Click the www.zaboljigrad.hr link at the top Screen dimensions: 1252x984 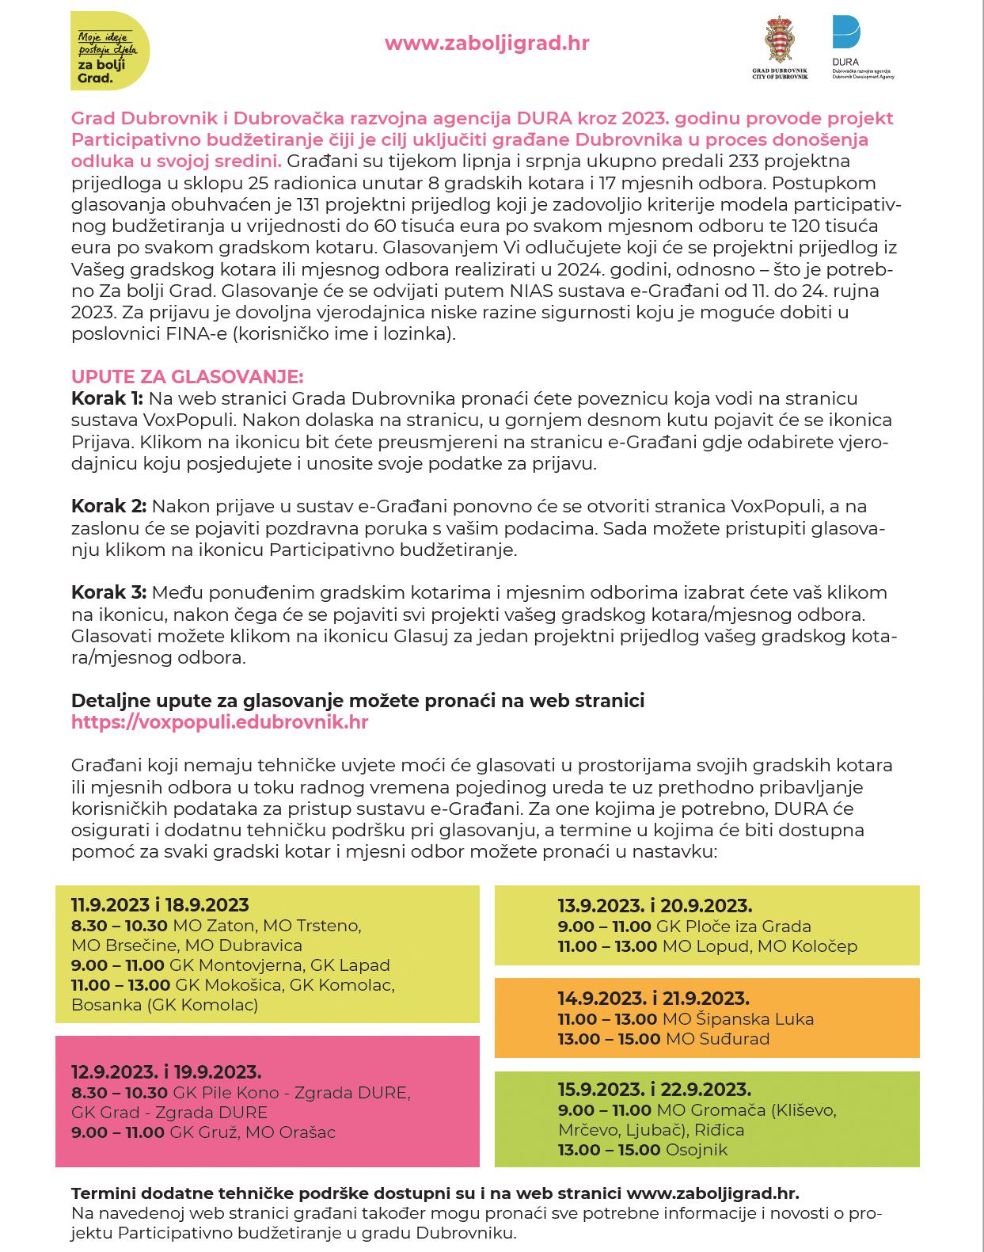point(486,43)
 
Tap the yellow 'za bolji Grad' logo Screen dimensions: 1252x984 point(109,51)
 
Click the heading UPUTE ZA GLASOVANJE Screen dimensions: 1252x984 point(187,376)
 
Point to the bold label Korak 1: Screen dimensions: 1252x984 point(107,398)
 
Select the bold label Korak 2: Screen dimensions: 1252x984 point(108,506)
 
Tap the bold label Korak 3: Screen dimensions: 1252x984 point(108,592)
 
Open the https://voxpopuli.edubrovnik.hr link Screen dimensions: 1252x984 point(219,722)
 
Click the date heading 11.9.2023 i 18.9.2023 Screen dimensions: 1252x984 point(160,904)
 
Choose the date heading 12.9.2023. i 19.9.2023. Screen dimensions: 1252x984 point(166,1072)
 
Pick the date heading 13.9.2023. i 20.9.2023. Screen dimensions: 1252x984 point(655,905)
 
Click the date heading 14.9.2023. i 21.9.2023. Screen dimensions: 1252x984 point(653,999)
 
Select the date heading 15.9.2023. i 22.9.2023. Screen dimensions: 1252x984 point(654,1089)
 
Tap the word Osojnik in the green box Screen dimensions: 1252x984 point(697,1150)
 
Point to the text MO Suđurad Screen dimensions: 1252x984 point(717,1039)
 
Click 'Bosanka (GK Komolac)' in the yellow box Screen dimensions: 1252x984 point(164,1005)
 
